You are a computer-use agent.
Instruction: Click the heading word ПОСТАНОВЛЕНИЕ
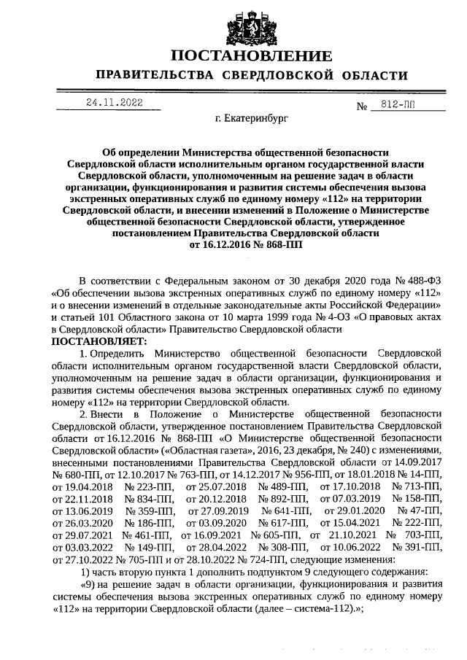[252, 56]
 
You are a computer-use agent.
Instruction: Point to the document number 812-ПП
[397, 105]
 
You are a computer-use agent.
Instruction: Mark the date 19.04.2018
[82, 487]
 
